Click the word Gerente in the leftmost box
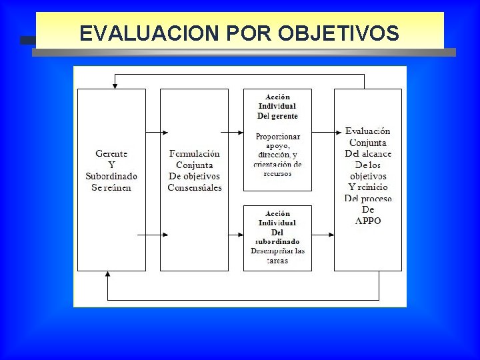(x=111, y=153)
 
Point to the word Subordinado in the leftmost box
(x=111, y=176)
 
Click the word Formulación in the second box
(x=194, y=153)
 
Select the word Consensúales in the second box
(x=194, y=187)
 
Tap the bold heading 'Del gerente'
(x=277, y=115)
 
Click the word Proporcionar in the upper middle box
(x=277, y=137)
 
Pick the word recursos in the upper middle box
(x=277, y=173)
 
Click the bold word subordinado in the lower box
(x=277, y=241)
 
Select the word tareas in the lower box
(x=277, y=261)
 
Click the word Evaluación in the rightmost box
(x=368, y=131)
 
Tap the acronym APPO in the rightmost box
(x=368, y=221)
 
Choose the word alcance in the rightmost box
(x=377, y=153)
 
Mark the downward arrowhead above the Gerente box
(x=115, y=85)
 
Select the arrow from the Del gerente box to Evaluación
(x=323, y=133)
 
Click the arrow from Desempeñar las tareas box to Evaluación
(x=323, y=235)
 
